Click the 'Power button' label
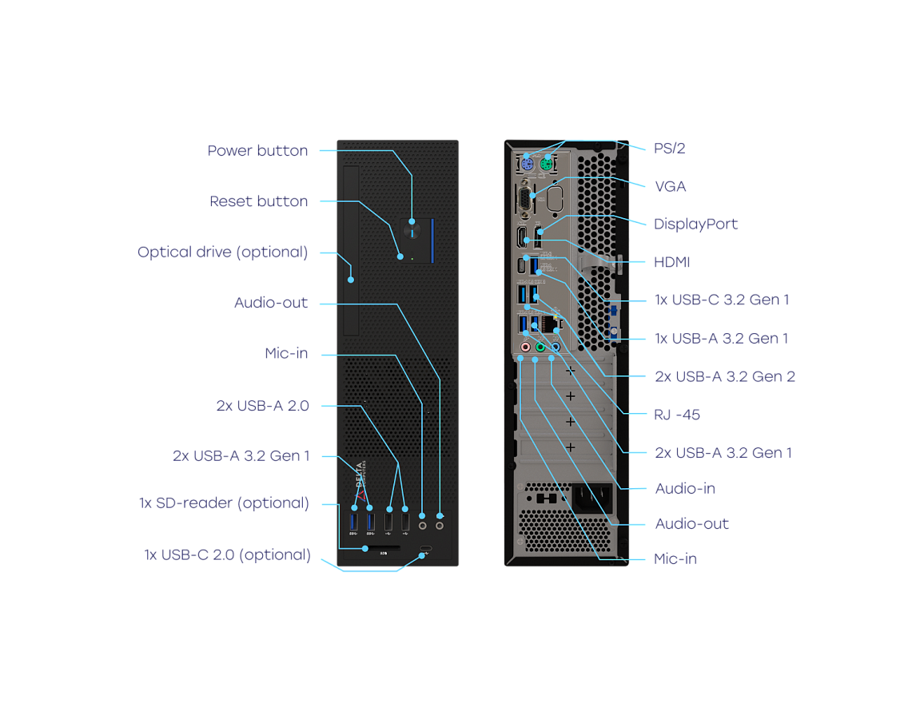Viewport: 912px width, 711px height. click(x=257, y=150)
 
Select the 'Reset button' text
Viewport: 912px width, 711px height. click(x=258, y=201)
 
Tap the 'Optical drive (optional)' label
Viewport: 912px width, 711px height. click(x=222, y=252)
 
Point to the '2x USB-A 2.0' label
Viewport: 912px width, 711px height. click(x=262, y=406)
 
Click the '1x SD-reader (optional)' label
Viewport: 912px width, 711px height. click(x=223, y=503)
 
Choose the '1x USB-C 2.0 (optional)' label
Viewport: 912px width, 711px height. click(x=227, y=554)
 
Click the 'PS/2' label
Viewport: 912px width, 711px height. click(x=669, y=148)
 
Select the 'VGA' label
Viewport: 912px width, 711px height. click(x=670, y=186)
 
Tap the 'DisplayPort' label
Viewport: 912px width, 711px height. click(x=695, y=224)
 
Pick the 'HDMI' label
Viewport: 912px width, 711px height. click(x=671, y=262)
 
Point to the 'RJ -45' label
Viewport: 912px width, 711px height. click(x=677, y=415)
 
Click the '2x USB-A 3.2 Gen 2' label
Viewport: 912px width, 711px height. click(x=724, y=376)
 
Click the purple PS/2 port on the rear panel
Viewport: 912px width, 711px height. click(x=527, y=165)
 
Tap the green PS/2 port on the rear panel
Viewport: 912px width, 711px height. click(x=546, y=165)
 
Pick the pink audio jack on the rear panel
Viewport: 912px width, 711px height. click(x=525, y=348)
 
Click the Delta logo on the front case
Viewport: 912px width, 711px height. click(x=359, y=475)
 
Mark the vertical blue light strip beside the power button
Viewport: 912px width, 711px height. click(x=432, y=239)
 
